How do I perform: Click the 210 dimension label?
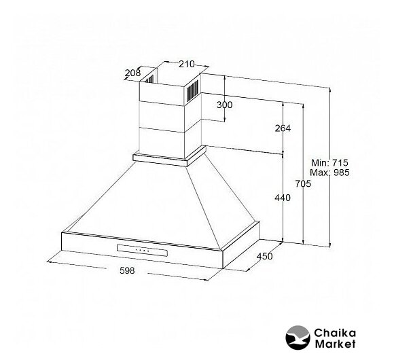(x=186, y=65)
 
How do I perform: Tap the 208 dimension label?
(x=132, y=73)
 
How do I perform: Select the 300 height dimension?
(x=225, y=105)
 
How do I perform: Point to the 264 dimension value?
(x=283, y=128)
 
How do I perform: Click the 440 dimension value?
(x=283, y=198)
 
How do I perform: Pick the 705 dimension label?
(x=303, y=183)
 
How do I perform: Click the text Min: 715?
(x=329, y=163)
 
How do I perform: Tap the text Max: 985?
(x=329, y=173)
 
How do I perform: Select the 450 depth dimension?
(x=265, y=257)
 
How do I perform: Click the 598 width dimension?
(x=127, y=270)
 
